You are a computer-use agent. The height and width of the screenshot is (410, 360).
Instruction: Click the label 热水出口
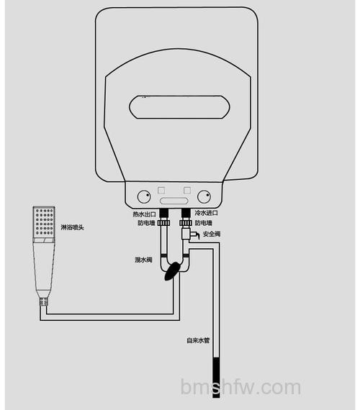[x=144, y=214]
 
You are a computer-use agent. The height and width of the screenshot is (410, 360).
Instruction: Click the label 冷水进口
[x=206, y=213]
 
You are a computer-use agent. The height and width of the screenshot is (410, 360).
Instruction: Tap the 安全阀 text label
[x=212, y=234]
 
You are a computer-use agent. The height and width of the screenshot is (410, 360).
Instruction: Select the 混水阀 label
[x=143, y=260]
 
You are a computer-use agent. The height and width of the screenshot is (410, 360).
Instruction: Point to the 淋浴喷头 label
[x=72, y=227]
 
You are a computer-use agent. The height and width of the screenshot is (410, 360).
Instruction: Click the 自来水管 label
[x=198, y=340]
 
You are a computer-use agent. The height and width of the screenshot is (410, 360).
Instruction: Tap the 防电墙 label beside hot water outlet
[x=146, y=223]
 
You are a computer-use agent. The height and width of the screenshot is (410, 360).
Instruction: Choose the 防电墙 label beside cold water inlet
[x=204, y=223]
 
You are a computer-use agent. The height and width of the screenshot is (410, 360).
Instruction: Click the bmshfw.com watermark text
[x=240, y=387]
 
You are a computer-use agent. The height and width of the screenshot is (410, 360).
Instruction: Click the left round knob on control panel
[x=144, y=197]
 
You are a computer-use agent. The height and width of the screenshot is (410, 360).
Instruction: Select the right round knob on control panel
[x=204, y=196]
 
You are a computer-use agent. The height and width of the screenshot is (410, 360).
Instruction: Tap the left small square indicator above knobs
[x=161, y=190]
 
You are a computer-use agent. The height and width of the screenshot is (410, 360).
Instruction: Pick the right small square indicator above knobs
[x=187, y=190]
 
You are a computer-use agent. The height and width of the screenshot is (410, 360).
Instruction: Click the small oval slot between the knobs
[x=174, y=201]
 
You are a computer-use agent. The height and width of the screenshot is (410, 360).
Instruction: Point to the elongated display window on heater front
[x=179, y=107]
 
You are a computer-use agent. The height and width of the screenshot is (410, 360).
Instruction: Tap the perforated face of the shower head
[x=44, y=222]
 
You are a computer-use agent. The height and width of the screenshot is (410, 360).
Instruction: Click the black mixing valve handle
[x=172, y=271]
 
